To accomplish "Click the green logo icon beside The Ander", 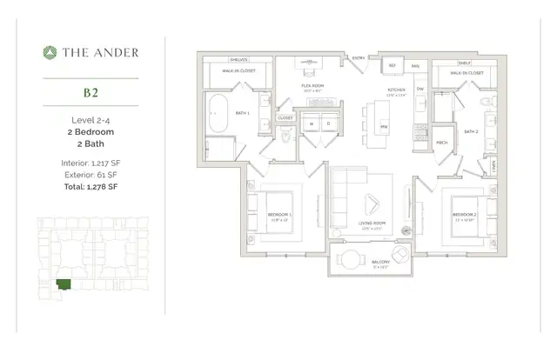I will pos(50,53).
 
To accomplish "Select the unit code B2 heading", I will pos(90,90).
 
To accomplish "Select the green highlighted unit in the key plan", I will pos(63,283).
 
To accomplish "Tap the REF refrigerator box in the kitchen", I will pos(392,65).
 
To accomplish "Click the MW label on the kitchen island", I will pos(383,128).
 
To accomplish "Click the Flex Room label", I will pos(312,85).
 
